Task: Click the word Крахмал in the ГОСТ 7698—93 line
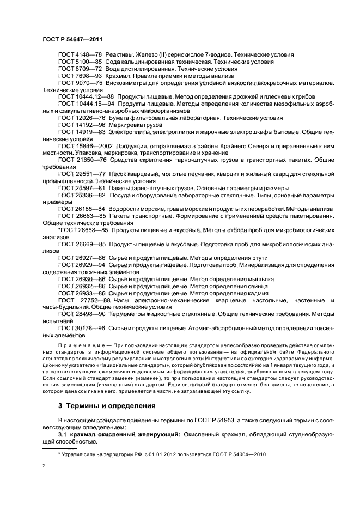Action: (121, 76)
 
